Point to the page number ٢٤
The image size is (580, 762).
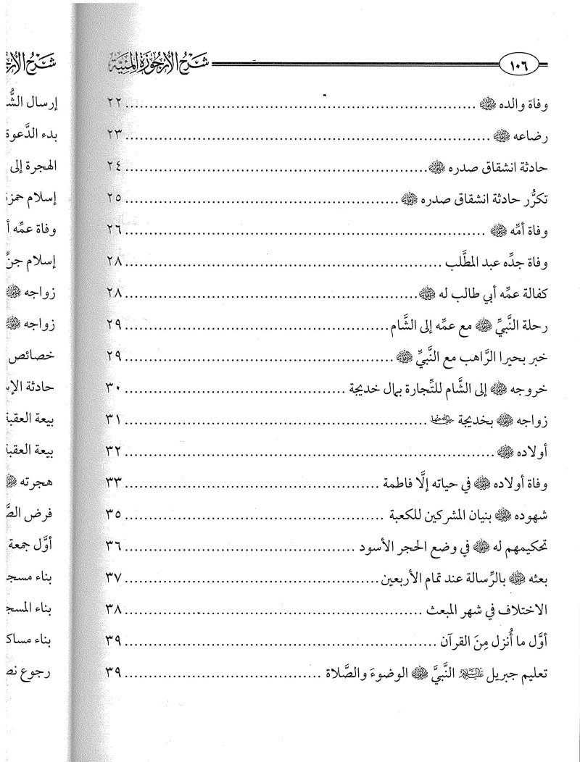click(108, 166)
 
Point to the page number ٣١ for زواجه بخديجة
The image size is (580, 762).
click(108, 419)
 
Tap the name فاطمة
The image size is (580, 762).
click(401, 483)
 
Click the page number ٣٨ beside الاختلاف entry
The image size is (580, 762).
click(108, 609)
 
